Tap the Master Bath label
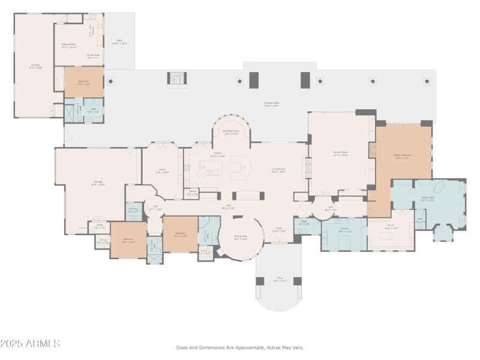click(428, 199)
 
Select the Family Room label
click(341, 154)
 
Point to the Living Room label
click(278, 170)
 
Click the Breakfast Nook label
click(231, 132)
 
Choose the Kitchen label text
click(217, 154)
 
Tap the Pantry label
click(193, 193)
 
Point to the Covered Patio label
click(271, 104)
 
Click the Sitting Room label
click(68, 46)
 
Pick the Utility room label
click(99, 227)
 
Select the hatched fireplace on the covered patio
click(176, 79)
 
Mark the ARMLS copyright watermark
click(30, 344)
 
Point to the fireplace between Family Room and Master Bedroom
click(373, 150)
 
